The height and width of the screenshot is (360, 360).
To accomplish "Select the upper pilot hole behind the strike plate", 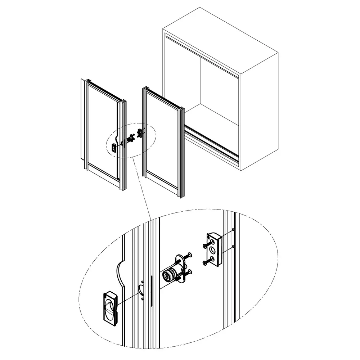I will (234, 229).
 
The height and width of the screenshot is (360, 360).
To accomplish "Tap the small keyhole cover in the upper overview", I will (114, 148).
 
